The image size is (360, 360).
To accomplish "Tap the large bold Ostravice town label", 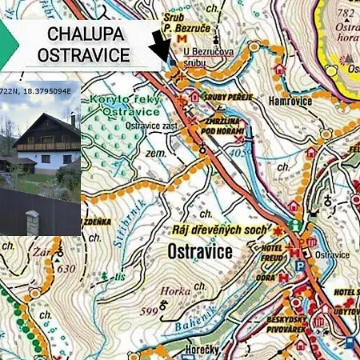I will click(200, 252).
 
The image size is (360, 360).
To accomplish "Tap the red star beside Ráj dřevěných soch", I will click(278, 231).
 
